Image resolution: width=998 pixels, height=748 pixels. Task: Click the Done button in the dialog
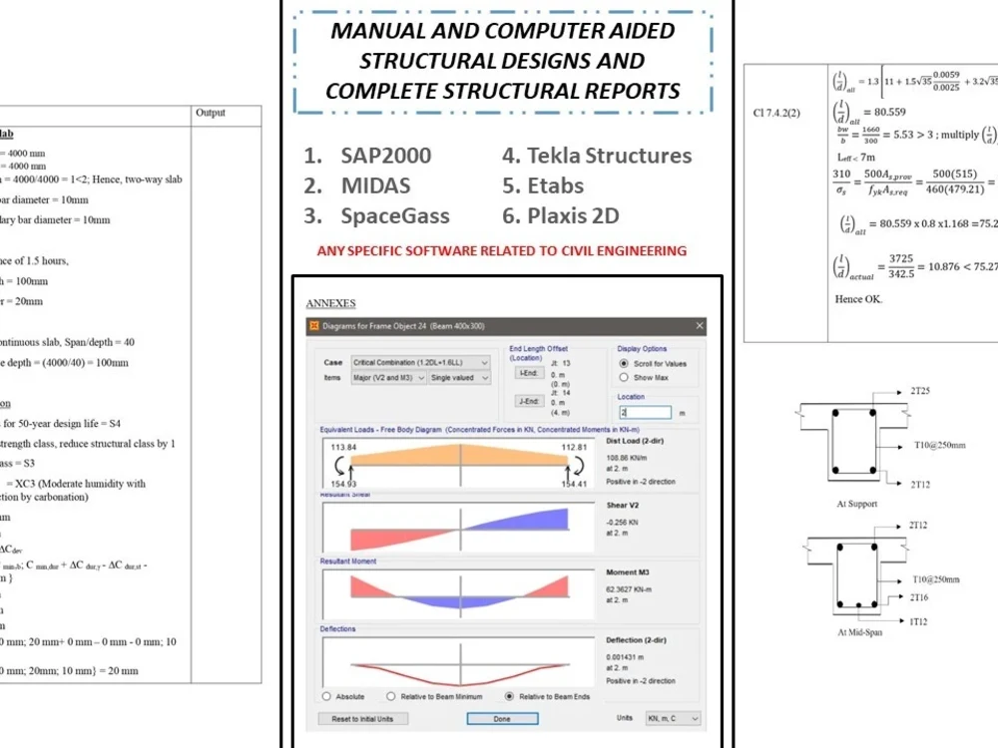tap(502, 718)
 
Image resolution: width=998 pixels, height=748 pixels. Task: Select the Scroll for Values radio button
tap(625, 364)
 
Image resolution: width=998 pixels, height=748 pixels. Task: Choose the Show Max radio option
tap(625, 378)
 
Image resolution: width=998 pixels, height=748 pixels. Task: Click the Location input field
tap(644, 412)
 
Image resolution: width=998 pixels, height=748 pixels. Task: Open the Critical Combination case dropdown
tap(420, 363)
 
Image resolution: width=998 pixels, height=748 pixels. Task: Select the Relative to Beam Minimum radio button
tap(391, 696)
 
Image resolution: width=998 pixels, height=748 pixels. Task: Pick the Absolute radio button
tap(326, 696)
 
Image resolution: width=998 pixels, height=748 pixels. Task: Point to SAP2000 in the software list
tap(385, 156)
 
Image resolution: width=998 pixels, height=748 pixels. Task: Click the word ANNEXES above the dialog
tap(330, 303)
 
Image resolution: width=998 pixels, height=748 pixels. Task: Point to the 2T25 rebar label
tap(919, 391)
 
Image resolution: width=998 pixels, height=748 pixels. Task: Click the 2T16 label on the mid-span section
tap(919, 597)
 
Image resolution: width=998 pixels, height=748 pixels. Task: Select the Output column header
tap(211, 114)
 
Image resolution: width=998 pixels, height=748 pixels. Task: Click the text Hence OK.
tap(858, 298)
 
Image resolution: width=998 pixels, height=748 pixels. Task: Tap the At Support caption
tap(857, 504)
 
